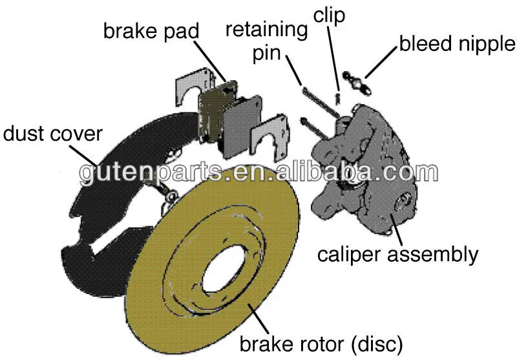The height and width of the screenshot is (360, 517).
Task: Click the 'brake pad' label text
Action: click(151, 31)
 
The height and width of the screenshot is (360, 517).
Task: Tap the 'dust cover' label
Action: click(53, 134)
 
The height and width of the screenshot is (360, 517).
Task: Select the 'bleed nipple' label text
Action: click(458, 44)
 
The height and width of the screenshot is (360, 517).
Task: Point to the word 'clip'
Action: click(329, 16)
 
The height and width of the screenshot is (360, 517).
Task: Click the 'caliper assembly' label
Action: click(397, 255)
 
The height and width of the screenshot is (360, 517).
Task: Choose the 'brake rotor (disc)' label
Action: click(321, 343)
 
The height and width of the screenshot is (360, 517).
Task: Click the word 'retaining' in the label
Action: click(266, 30)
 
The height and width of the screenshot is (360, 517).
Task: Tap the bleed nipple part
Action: click(357, 83)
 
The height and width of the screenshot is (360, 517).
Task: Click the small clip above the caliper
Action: click(337, 98)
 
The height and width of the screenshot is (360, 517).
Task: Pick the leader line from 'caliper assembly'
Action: click(396, 229)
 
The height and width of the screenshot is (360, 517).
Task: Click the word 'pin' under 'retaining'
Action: click(266, 53)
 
